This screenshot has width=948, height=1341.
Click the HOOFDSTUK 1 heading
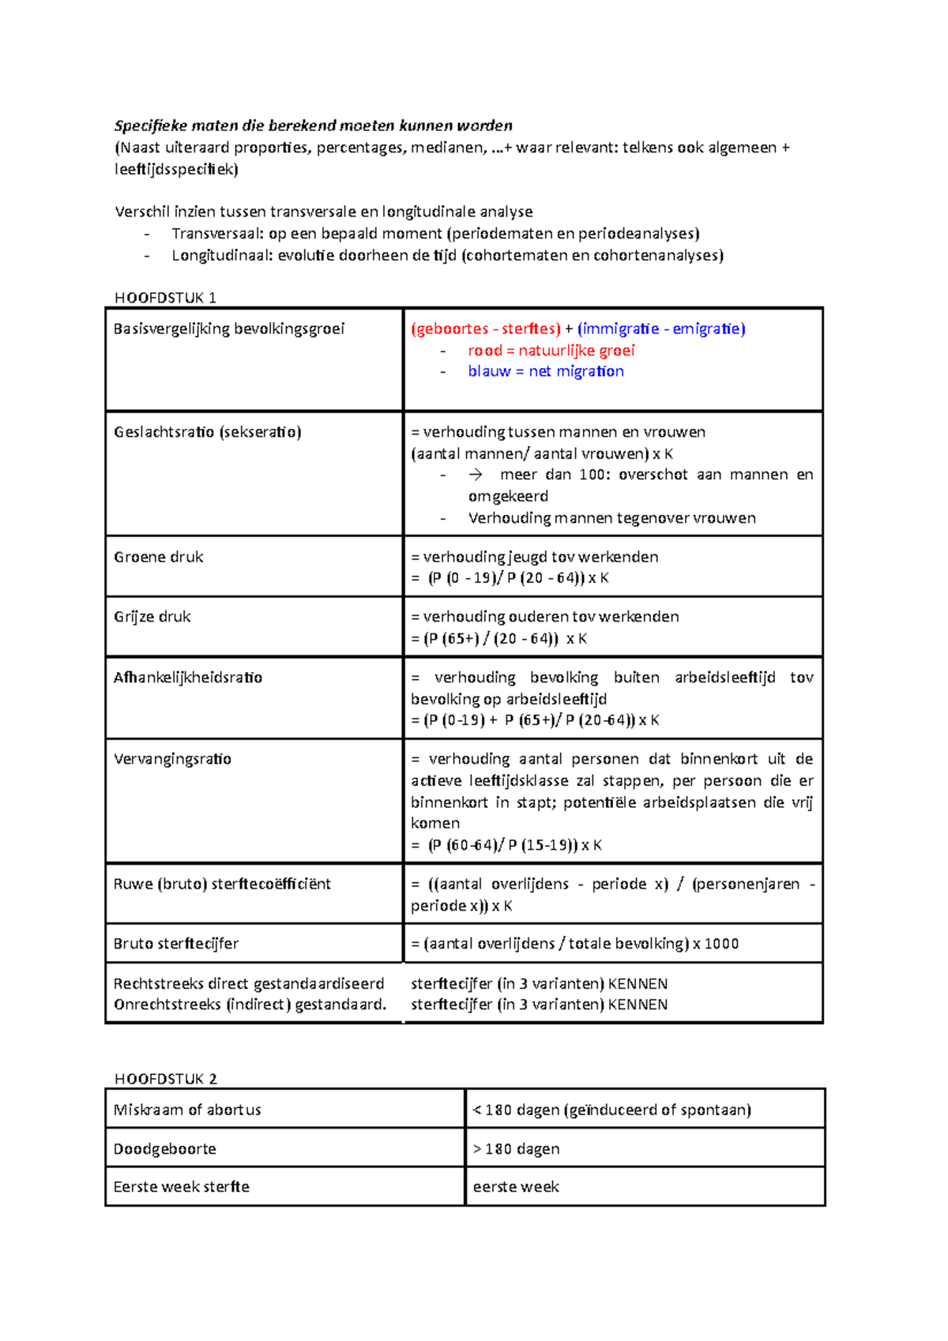(165, 298)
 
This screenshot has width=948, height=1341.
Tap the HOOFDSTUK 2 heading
(165, 1079)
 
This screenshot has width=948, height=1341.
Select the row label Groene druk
(158, 557)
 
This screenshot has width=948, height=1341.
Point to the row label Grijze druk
(152, 617)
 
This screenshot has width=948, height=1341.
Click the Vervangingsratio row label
(172, 759)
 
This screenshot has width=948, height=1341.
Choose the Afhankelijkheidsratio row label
(187, 678)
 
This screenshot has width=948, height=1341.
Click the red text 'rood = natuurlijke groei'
(551, 351)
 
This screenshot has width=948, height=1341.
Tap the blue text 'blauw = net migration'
(545, 371)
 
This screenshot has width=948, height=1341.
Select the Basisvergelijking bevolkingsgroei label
(228, 329)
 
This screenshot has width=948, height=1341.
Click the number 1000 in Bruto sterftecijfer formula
(721, 944)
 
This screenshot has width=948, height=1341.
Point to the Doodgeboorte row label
(164, 1149)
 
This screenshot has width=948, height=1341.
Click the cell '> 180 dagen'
(516, 1149)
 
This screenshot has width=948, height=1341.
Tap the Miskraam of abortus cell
(186, 1110)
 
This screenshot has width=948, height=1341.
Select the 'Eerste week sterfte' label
(181, 1187)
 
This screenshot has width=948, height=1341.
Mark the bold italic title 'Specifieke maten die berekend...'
(313, 126)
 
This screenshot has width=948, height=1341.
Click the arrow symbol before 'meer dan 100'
(476, 475)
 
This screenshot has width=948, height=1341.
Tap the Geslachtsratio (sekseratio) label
(207, 432)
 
